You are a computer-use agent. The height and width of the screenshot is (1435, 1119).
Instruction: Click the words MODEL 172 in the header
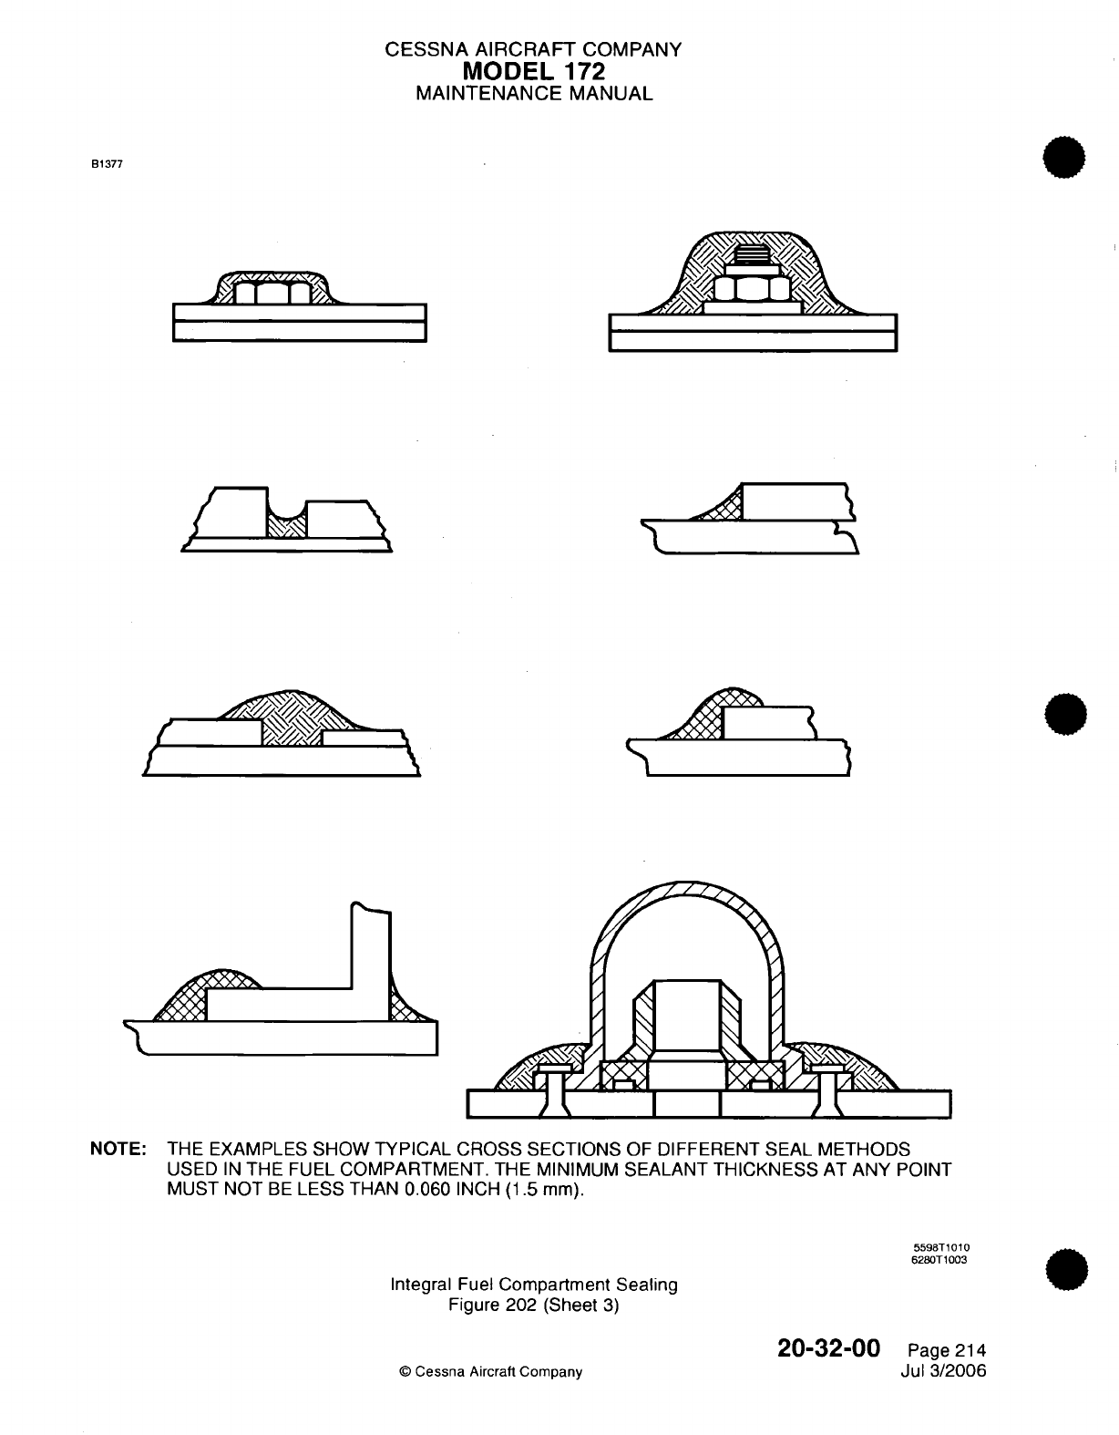coord(534,71)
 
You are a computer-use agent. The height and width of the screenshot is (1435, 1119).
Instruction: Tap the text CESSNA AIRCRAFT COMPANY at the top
coord(534,50)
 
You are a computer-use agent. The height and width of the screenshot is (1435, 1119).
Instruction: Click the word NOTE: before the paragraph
coord(118,1150)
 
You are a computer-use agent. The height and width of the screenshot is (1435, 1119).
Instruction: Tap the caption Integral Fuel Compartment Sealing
coord(534,1285)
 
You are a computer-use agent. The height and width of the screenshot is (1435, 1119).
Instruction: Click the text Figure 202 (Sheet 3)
coord(534,1306)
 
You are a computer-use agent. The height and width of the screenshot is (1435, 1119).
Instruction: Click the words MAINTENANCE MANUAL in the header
coord(534,93)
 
